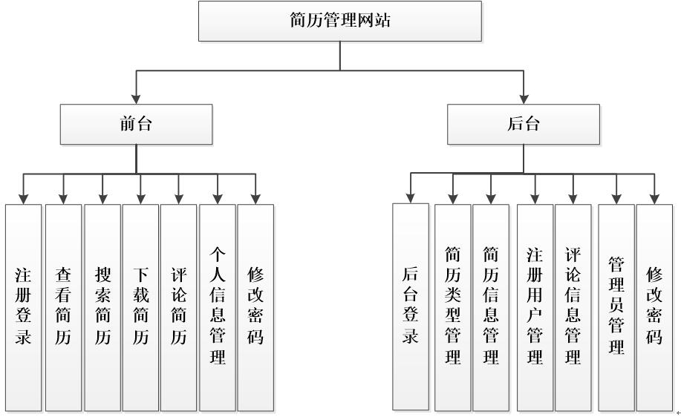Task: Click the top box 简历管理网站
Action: tap(340, 21)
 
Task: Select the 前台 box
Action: tap(136, 124)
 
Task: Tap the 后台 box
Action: tap(524, 124)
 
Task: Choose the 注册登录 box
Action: tap(24, 306)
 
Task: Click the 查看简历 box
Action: tap(63, 306)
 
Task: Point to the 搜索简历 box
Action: tap(102, 306)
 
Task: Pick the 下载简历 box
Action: tap(140, 306)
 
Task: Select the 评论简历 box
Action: tap(178, 306)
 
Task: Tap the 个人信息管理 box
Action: tap(217, 306)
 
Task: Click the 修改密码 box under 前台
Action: tap(255, 306)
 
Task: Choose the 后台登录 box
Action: tap(411, 306)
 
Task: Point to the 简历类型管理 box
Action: tap(453, 306)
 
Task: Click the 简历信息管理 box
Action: tap(491, 306)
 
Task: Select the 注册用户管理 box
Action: tap(535, 306)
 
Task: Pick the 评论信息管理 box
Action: tap(573, 306)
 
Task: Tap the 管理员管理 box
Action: tap(616, 306)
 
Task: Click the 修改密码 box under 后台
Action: tap(654, 306)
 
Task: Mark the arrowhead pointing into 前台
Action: tap(136, 99)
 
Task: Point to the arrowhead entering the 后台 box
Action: tap(524, 99)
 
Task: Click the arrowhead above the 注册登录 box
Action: tap(24, 198)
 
